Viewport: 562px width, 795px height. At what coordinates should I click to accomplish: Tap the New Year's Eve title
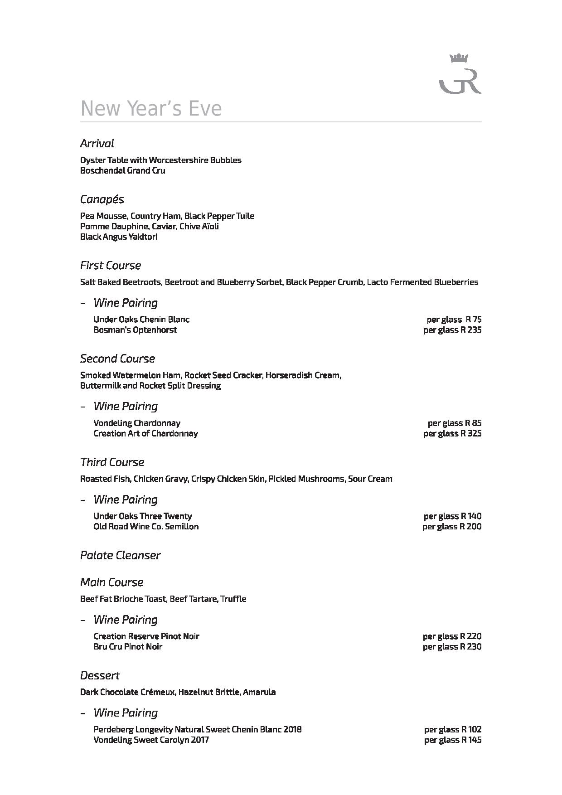(x=151, y=109)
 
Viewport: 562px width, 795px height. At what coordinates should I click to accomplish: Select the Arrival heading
(x=97, y=144)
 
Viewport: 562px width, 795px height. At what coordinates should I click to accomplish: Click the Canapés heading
(x=102, y=199)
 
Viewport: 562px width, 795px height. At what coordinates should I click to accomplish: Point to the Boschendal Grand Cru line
(x=122, y=171)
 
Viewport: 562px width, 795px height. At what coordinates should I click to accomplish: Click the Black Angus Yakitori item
(x=119, y=237)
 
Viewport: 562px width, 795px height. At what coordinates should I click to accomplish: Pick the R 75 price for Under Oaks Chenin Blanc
(x=473, y=320)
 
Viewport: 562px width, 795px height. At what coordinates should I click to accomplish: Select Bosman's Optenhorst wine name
(x=135, y=330)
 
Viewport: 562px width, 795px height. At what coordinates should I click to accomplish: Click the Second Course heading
(x=117, y=359)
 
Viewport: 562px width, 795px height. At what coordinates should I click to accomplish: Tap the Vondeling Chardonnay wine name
(x=137, y=423)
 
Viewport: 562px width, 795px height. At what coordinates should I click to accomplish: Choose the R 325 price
(x=471, y=434)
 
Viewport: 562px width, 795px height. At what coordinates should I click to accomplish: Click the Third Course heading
(x=112, y=462)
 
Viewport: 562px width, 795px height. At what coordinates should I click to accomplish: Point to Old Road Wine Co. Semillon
(x=146, y=527)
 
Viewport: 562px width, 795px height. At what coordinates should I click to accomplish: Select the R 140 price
(x=471, y=516)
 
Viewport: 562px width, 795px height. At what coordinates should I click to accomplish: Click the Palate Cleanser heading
(x=120, y=556)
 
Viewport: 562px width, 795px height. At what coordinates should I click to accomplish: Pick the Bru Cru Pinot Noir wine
(x=128, y=647)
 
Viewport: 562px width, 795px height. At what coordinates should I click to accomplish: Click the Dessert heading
(x=100, y=676)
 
